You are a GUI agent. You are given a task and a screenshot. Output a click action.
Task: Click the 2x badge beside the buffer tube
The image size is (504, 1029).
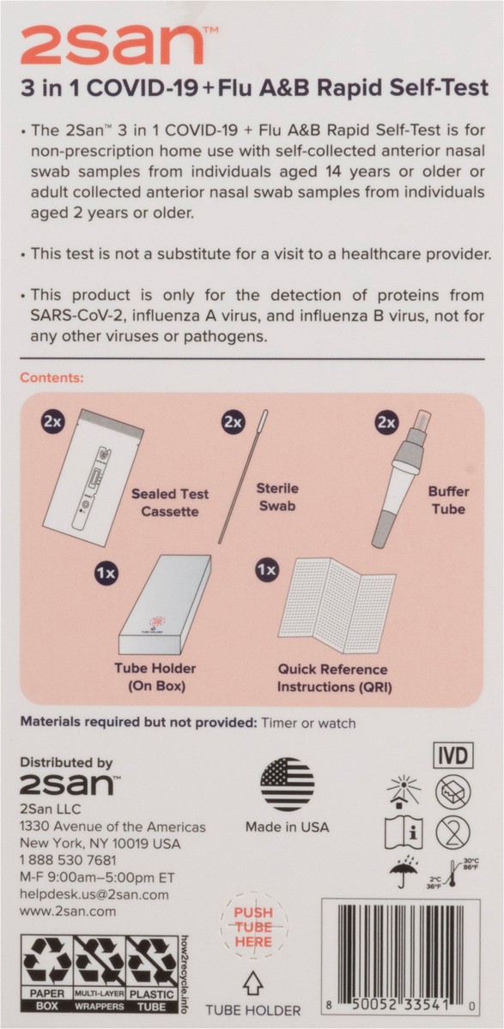click(386, 423)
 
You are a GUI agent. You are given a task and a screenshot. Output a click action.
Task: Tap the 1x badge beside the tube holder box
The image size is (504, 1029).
click(106, 573)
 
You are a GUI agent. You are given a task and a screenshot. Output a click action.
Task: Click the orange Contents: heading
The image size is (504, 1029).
click(52, 377)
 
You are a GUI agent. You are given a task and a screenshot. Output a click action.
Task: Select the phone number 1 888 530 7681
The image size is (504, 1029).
click(68, 860)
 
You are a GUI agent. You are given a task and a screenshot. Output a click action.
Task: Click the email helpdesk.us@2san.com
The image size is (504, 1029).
click(94, 894)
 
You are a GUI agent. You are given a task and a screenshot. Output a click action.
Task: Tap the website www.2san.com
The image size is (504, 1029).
click(68, 912)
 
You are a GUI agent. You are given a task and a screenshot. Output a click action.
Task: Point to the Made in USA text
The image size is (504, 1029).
click(288, 827)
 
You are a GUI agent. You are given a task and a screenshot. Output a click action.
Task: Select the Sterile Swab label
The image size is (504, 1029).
click(277, 497)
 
